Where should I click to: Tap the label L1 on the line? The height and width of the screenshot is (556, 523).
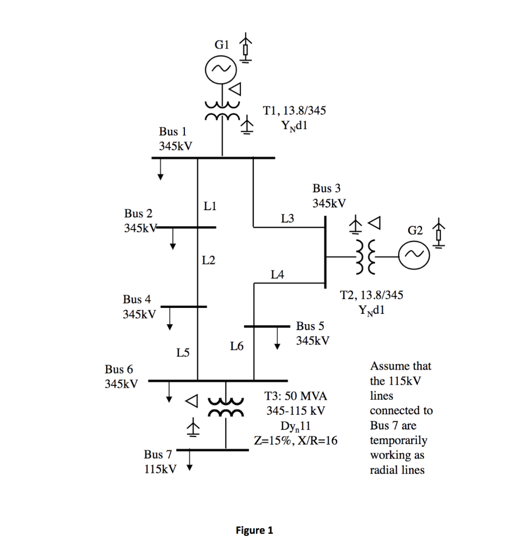coord(210,206)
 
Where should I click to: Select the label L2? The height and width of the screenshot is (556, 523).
coord(209,260)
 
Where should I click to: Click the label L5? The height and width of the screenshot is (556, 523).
coord(183,353)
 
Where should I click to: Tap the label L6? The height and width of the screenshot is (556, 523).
coord(236,345)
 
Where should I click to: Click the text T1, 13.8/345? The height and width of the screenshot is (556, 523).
coord(294,111)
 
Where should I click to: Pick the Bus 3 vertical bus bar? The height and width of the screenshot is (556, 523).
coord(325,251)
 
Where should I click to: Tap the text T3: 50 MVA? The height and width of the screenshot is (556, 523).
coord(296,396)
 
